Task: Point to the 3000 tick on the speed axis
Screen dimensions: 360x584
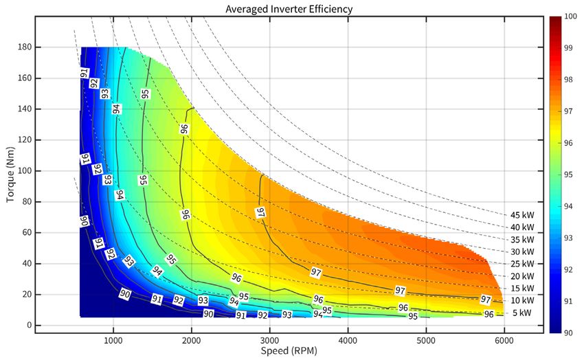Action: click(x=269, y=339)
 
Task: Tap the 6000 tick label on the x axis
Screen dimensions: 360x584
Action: click(x=504, y=339)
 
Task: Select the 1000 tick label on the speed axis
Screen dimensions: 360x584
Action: click(x=113, y=339)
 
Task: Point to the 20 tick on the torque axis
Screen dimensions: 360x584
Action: click(x=24, y=295)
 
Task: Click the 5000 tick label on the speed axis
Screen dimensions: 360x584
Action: click(x=426, y=339)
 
